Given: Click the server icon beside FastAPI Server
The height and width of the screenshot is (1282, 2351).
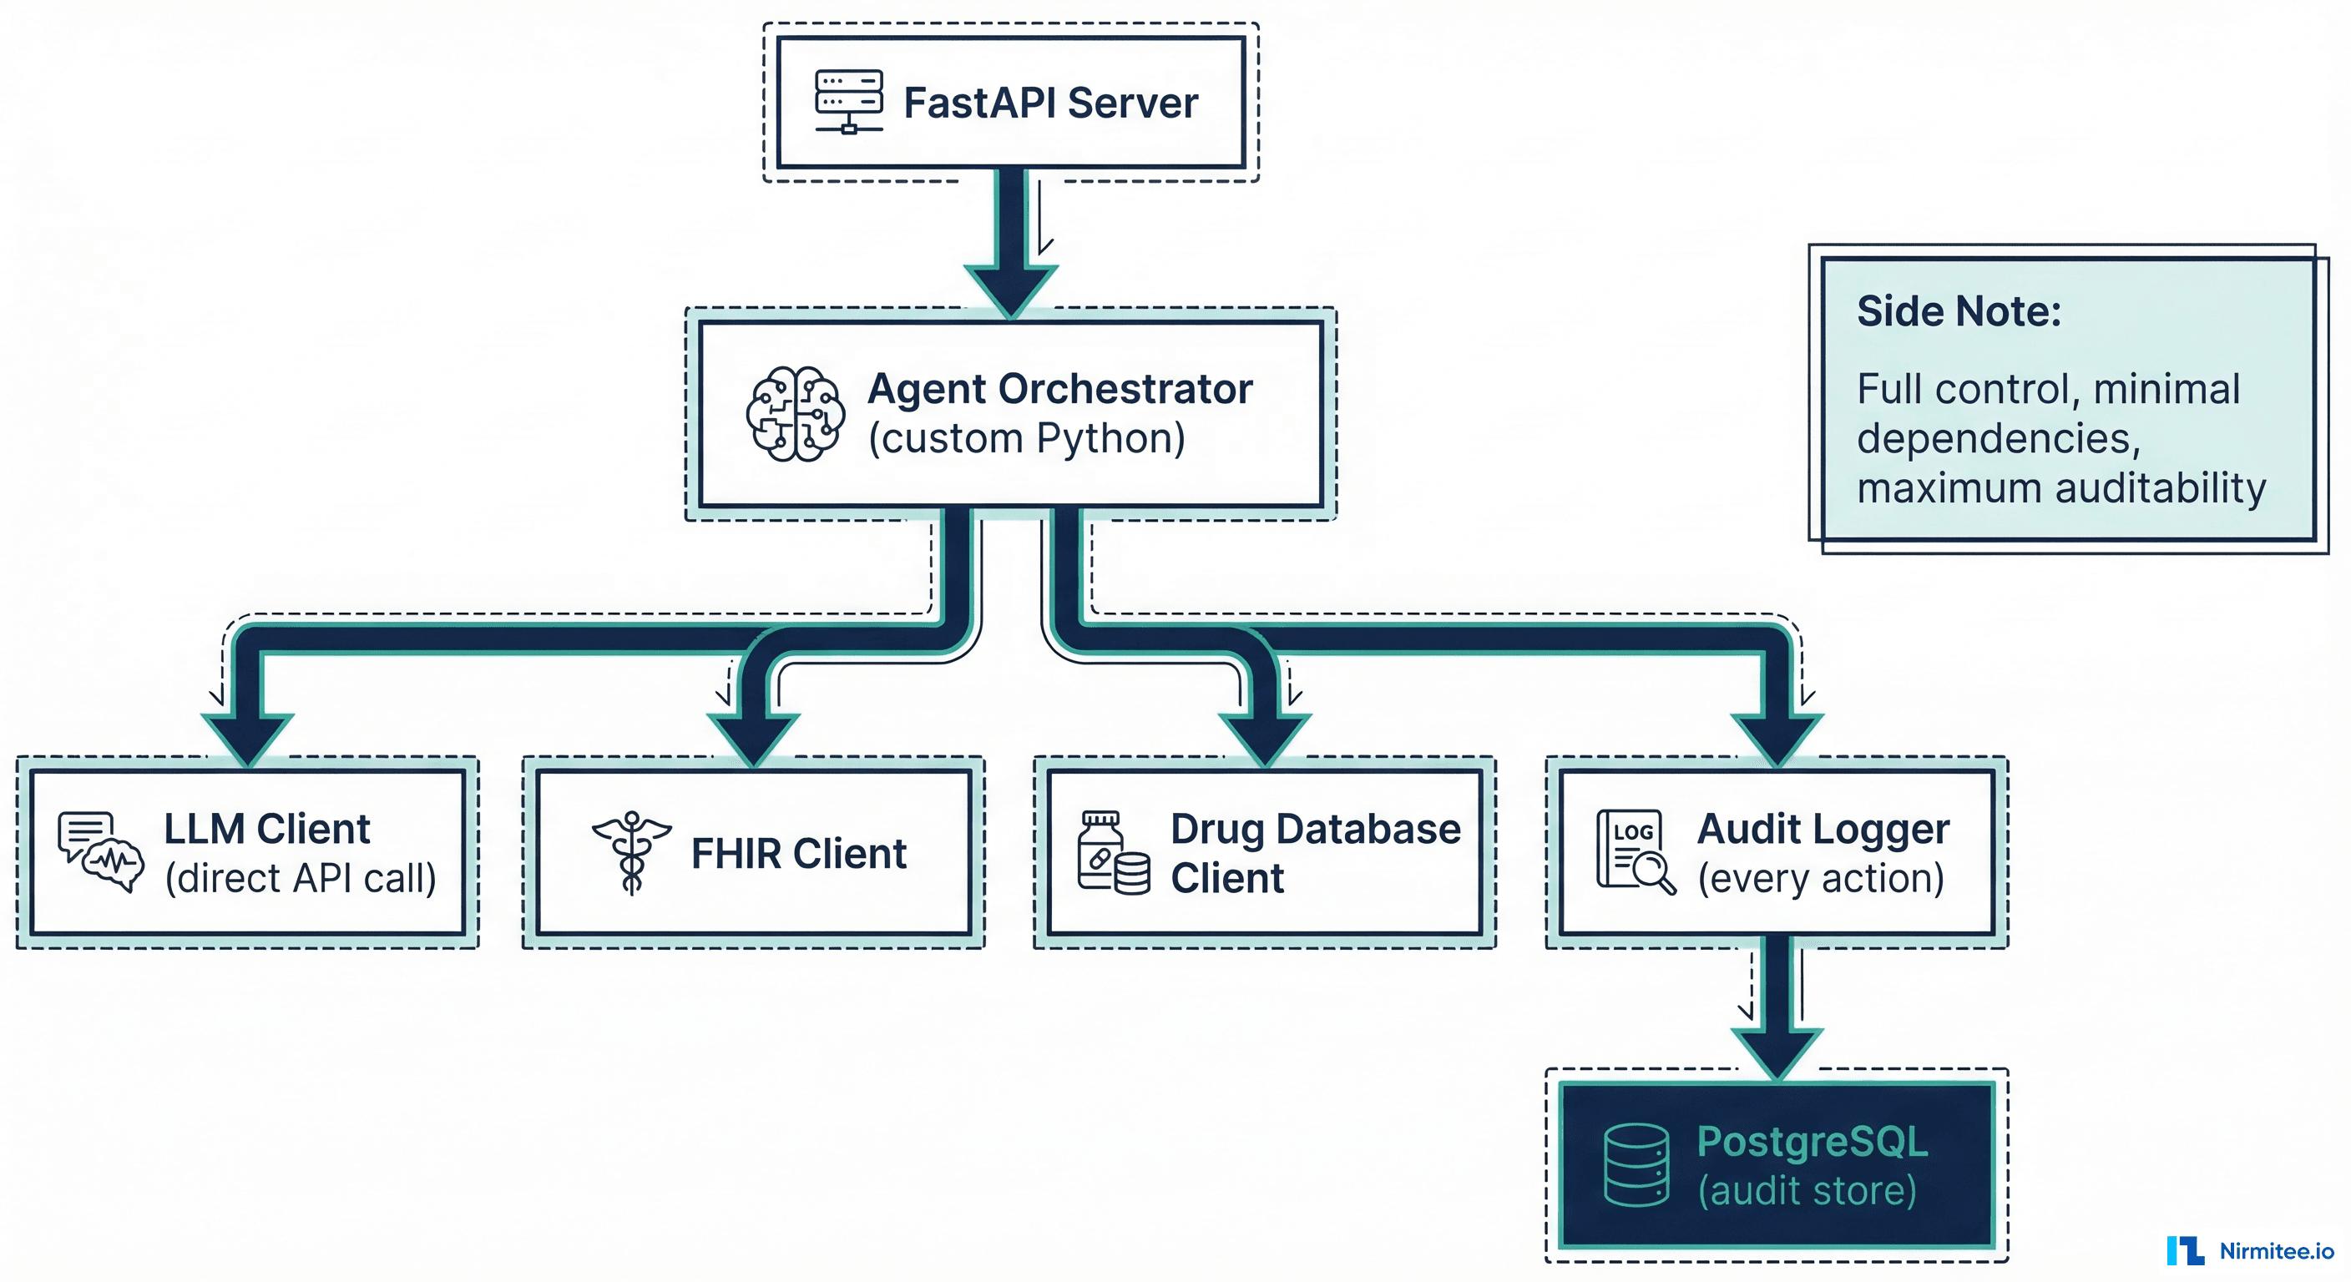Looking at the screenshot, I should coord(849,101).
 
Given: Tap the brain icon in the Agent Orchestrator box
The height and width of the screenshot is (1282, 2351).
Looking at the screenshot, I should coord(795,413).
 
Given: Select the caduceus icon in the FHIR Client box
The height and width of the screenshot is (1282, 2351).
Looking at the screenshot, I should coord(631,852).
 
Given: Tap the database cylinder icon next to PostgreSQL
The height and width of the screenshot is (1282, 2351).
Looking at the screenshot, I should coord(1636,1165).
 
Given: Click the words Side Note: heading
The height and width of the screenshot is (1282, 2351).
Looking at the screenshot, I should coord(1959,311).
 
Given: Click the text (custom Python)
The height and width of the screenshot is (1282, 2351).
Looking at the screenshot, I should coord(1027,439).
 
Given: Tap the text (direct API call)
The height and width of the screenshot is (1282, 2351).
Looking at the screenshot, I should coord(301,878).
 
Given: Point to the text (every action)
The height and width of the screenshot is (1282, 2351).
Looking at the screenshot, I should coord(1821,878).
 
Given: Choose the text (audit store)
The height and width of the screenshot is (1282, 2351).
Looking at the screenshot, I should coord(1807,1191).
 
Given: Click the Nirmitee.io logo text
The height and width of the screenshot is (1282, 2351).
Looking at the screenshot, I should coord(2276,1251).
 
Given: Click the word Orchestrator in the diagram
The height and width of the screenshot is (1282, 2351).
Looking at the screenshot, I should coord(1125,389).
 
